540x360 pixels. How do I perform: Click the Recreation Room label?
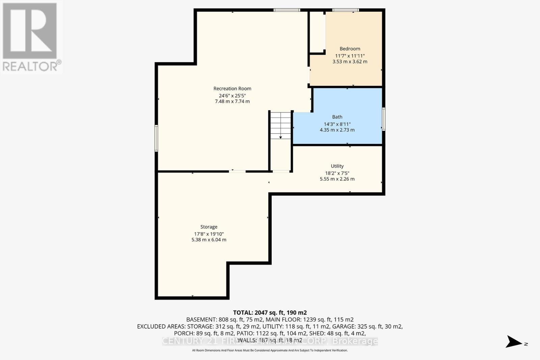click(232, 89)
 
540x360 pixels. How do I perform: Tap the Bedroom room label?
click(350, 49)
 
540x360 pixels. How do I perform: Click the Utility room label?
click(337, 166)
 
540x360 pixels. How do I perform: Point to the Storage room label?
click(209, 227)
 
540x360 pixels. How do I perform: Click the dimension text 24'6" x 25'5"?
click(232, 95)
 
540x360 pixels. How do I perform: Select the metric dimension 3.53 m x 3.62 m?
click(350, 62)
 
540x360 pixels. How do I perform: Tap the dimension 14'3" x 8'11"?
click(337, 124)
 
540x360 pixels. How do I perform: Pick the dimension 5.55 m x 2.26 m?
click(337, 179)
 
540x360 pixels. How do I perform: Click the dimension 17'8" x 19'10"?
click(209, 234)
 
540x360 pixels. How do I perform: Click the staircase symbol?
click(280, 125)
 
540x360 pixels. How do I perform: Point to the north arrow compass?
click(515, 341)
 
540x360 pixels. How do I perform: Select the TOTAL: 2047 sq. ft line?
click(270, 313)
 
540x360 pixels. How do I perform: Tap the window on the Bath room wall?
click(383, 119)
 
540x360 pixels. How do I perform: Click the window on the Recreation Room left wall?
click(156, 138)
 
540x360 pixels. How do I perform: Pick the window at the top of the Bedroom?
click(345, 10)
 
